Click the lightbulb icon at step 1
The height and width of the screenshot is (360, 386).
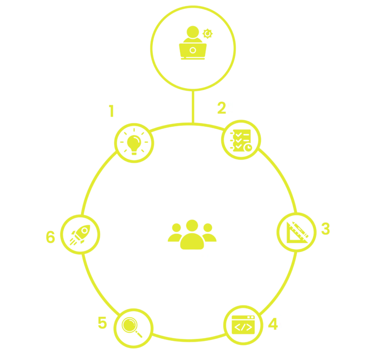(135, 143)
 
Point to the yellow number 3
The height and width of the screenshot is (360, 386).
(326, 229)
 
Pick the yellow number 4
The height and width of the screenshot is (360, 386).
(274, 323)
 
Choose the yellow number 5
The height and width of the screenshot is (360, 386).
(103, 322)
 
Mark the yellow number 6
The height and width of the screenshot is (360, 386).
(50, 236)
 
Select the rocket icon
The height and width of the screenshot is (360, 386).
(79, 234)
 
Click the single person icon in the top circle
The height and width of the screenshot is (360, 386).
(192, 42)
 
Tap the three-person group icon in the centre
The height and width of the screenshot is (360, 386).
(192, 234)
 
